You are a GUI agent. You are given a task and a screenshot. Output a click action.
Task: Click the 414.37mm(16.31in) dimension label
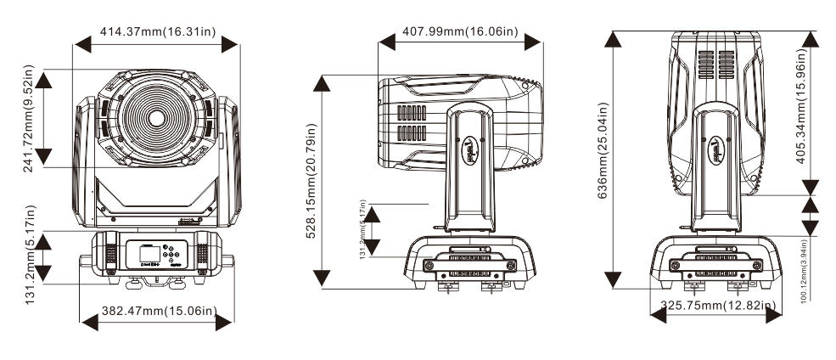tap(158, 31)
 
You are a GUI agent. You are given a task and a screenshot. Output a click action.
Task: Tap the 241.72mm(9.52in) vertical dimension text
tap(29, 119)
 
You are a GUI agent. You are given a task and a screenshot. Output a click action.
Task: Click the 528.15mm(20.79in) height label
tap(311, 181)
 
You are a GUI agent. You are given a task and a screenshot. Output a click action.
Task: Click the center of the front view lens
tap(157, 116)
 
